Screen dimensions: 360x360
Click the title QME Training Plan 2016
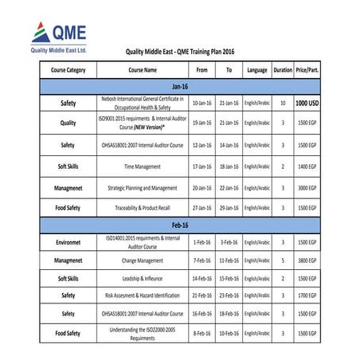point(179,52)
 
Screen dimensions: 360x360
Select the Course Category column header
point(68,70)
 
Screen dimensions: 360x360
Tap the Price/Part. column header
point(307,70)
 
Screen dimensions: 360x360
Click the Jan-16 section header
point(180,85)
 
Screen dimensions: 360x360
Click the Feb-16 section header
point(180,225)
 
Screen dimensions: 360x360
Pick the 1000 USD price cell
point(307,104)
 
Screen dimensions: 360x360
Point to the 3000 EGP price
point(307,188)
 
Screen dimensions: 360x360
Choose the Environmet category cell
point(68,241)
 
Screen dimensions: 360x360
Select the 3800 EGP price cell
point(307,260)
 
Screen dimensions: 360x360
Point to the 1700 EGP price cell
point(307,295)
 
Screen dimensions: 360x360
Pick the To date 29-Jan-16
point(229,208)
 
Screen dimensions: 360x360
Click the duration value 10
point(283,104)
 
